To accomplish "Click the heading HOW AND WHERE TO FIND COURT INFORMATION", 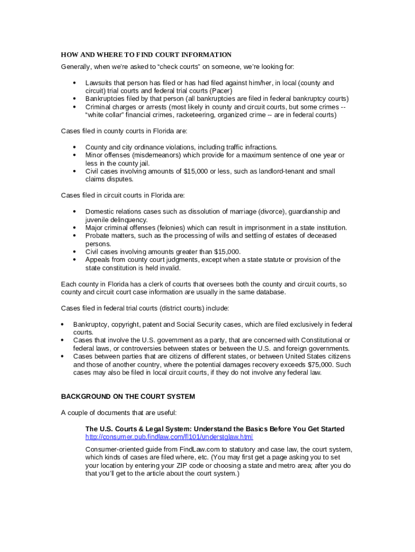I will pos(146,55).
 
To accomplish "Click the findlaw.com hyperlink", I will pos(169,437).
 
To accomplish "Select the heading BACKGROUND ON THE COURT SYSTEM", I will pos(128,397).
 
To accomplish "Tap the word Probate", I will pos(98,236).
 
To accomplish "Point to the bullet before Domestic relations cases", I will pos(73,212).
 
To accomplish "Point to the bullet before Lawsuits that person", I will pos(73,83).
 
